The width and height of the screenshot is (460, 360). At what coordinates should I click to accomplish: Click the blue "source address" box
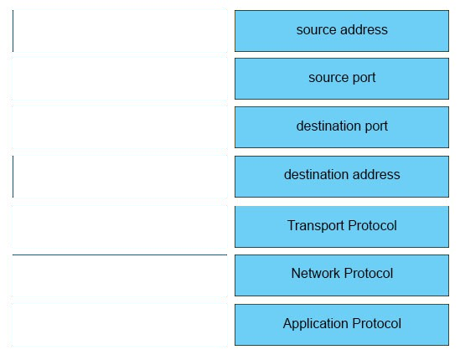tap(342, 31)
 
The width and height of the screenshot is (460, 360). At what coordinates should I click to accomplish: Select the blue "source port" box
tap(342, 79)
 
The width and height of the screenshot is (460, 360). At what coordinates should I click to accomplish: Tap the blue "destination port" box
tap(342, 127)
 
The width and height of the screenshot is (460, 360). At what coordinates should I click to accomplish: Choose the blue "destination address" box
tap(342, 177)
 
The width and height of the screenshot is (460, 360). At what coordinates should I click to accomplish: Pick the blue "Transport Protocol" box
tap(342, 227)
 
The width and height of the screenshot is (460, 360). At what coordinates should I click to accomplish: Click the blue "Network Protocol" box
tap(342, 275)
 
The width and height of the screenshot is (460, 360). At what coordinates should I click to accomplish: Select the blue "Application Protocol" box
tap(342, 325)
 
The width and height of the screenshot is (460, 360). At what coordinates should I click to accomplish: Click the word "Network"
tap(316, 273)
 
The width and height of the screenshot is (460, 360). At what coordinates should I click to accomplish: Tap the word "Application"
tap(316, 324)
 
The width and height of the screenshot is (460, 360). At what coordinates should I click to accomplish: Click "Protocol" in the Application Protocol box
tap(377, 323)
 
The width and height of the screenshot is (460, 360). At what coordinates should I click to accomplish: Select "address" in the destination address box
tap(376, 174)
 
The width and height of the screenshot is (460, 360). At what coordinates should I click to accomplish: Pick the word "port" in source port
tap(364, 78)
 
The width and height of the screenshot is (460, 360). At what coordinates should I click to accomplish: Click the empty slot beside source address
tap(120, 31)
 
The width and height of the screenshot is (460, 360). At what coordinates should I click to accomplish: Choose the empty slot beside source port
tap(120, 79)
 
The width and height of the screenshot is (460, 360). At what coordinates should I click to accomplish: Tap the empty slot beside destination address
tap(120, 177)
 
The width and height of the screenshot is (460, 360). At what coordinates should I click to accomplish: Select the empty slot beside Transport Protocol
tap(120, 227)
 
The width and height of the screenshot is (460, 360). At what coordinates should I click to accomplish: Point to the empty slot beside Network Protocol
tap(120, 275)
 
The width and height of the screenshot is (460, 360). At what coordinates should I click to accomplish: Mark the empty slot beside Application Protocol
tap(120, 325)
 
